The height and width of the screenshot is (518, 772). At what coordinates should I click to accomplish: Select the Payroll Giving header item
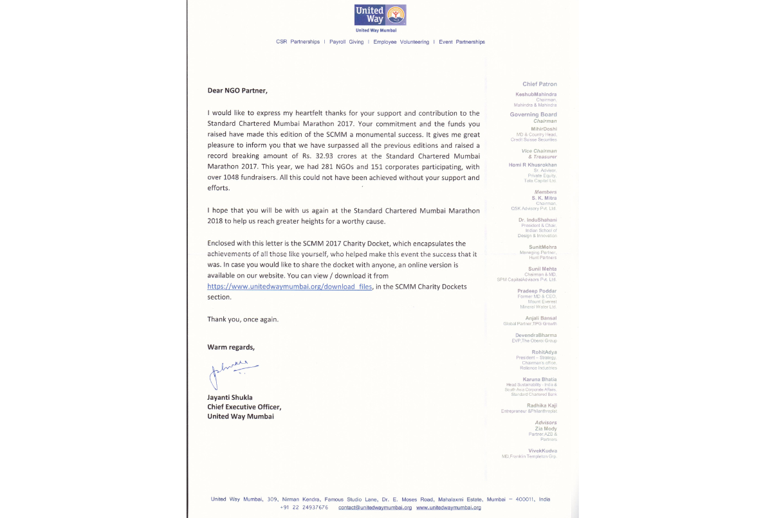[346, 42]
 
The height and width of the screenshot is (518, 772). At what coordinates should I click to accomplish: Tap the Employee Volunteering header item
[401, 42]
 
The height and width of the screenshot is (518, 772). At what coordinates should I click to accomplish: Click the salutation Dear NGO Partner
[237, 91]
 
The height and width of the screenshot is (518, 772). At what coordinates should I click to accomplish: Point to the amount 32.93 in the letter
[325, 156]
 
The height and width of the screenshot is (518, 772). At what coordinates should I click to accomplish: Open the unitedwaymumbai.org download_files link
[289, 287]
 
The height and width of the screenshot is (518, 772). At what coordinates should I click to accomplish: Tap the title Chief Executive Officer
[244, 406]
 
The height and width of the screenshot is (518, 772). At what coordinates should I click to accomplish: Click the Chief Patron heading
[540, 84]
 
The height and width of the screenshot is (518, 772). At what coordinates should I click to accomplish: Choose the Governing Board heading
[533, 114]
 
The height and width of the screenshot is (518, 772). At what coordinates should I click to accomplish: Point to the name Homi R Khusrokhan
[533, 165]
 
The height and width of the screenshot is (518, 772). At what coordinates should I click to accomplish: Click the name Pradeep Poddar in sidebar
[537, 290]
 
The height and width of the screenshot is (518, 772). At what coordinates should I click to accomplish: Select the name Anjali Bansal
[540, 318]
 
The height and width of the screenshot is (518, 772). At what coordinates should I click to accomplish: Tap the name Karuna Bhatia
[540, 379]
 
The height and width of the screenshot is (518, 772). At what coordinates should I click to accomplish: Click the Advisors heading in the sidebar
[546, 422]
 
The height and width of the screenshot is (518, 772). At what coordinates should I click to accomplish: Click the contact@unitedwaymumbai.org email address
[374, 508]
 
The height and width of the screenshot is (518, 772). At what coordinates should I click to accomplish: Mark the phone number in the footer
[304, 508]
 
